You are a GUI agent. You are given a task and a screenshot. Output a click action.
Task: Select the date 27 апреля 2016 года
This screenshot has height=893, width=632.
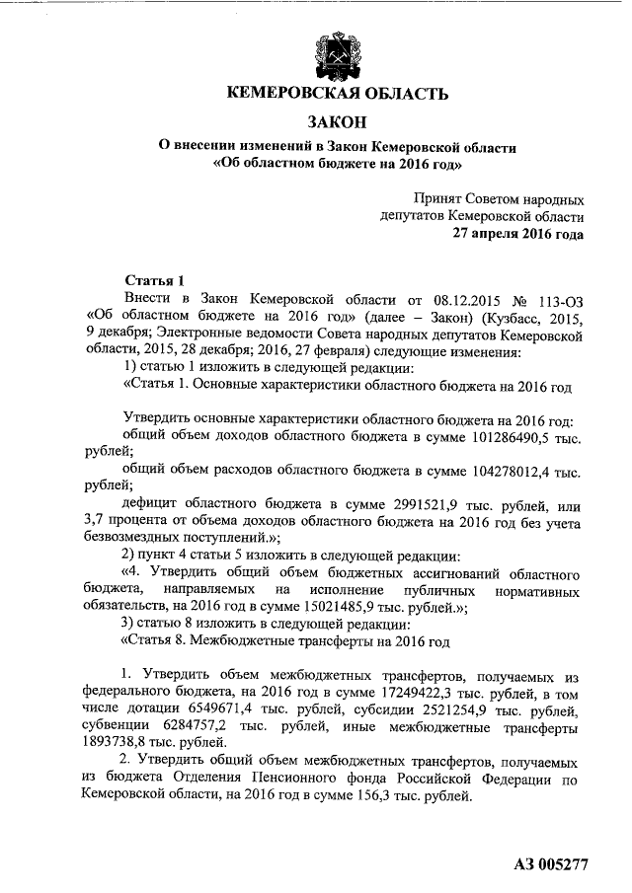(x=517, y=234)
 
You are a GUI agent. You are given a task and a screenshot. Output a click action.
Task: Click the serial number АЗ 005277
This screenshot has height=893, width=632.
(x=552, y=865)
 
